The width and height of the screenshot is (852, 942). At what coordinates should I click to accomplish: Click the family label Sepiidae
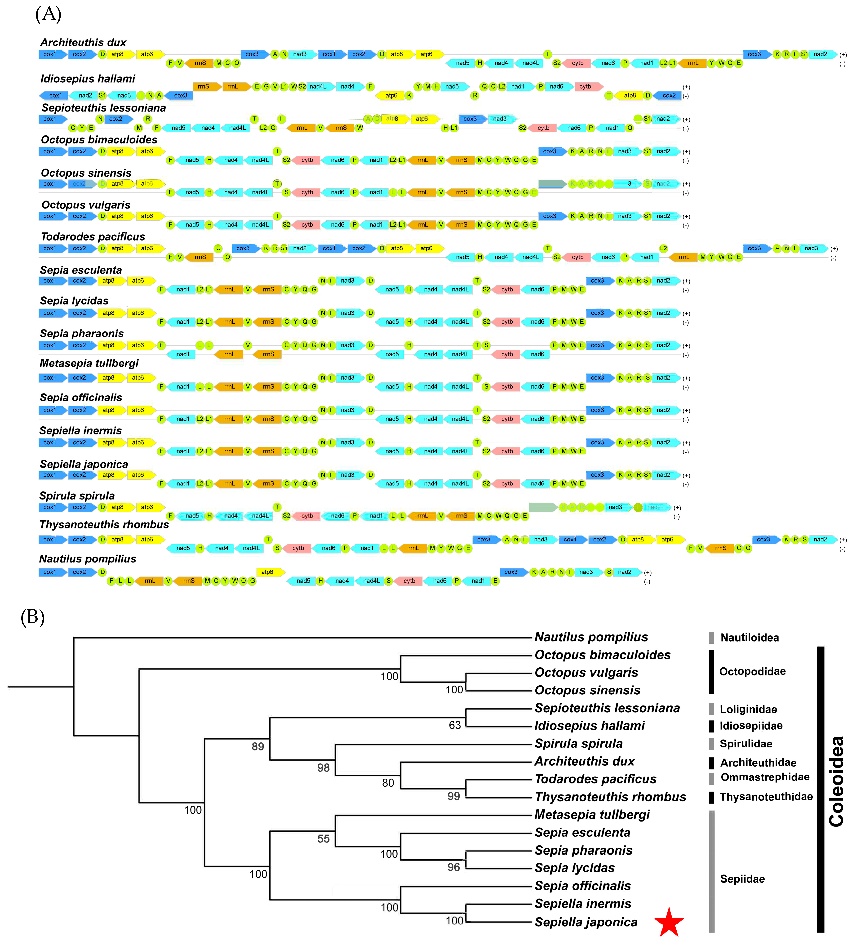click(x=742, y=879)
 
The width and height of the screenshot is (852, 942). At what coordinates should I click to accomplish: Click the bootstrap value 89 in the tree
click(x=258, y=746)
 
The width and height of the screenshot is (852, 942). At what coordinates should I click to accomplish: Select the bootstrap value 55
click(x=323, y=839)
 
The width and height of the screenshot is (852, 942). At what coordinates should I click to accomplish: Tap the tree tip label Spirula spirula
click(x=578, y=743)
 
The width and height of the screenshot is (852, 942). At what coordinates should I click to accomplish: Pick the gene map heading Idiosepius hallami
click(x=88, y=79)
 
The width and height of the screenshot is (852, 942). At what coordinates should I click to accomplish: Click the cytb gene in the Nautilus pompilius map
click(x=409, y=581)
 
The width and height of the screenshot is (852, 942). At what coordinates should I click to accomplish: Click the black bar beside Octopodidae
click(x=711, y=671)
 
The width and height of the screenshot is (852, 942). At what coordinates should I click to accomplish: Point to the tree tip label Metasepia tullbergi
click(x=592, y=814)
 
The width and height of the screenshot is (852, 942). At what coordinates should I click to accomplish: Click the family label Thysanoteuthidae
click(x=766, y=797)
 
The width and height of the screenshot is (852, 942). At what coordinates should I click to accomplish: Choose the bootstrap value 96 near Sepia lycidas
click(x=453, y=867)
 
